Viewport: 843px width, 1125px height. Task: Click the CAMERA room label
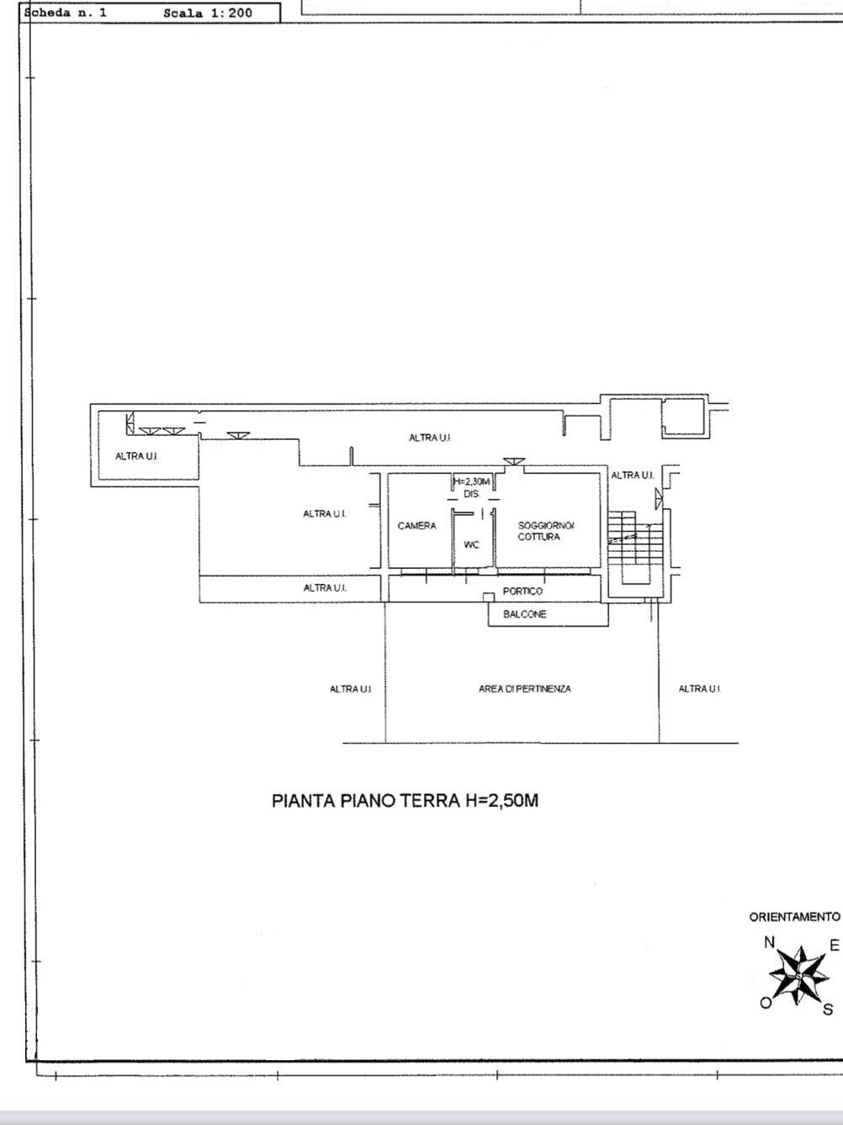416,526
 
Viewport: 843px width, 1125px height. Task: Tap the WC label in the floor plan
471,544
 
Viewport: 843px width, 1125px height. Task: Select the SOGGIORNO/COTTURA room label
546,531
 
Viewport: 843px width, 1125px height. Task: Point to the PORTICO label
522,591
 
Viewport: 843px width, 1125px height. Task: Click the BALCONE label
525,614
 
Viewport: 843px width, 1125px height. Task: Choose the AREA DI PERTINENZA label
525,689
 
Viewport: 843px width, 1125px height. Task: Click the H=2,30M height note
472,482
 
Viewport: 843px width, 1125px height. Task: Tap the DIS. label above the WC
471,494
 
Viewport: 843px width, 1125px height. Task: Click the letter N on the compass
769,942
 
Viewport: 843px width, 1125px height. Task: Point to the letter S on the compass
828,1009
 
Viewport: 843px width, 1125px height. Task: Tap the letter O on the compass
766,1002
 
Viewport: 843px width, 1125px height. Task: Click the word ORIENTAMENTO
795,917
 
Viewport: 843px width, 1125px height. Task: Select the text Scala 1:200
208,13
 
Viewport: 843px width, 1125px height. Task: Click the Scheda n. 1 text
66,13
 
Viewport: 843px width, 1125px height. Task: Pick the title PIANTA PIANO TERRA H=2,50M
405,801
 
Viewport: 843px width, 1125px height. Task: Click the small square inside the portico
489,597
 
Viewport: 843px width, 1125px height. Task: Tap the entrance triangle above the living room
513,461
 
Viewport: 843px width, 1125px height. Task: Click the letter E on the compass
835,945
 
